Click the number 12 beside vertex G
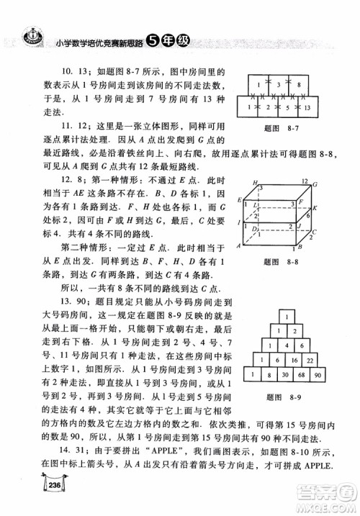(x=305, y=182)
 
